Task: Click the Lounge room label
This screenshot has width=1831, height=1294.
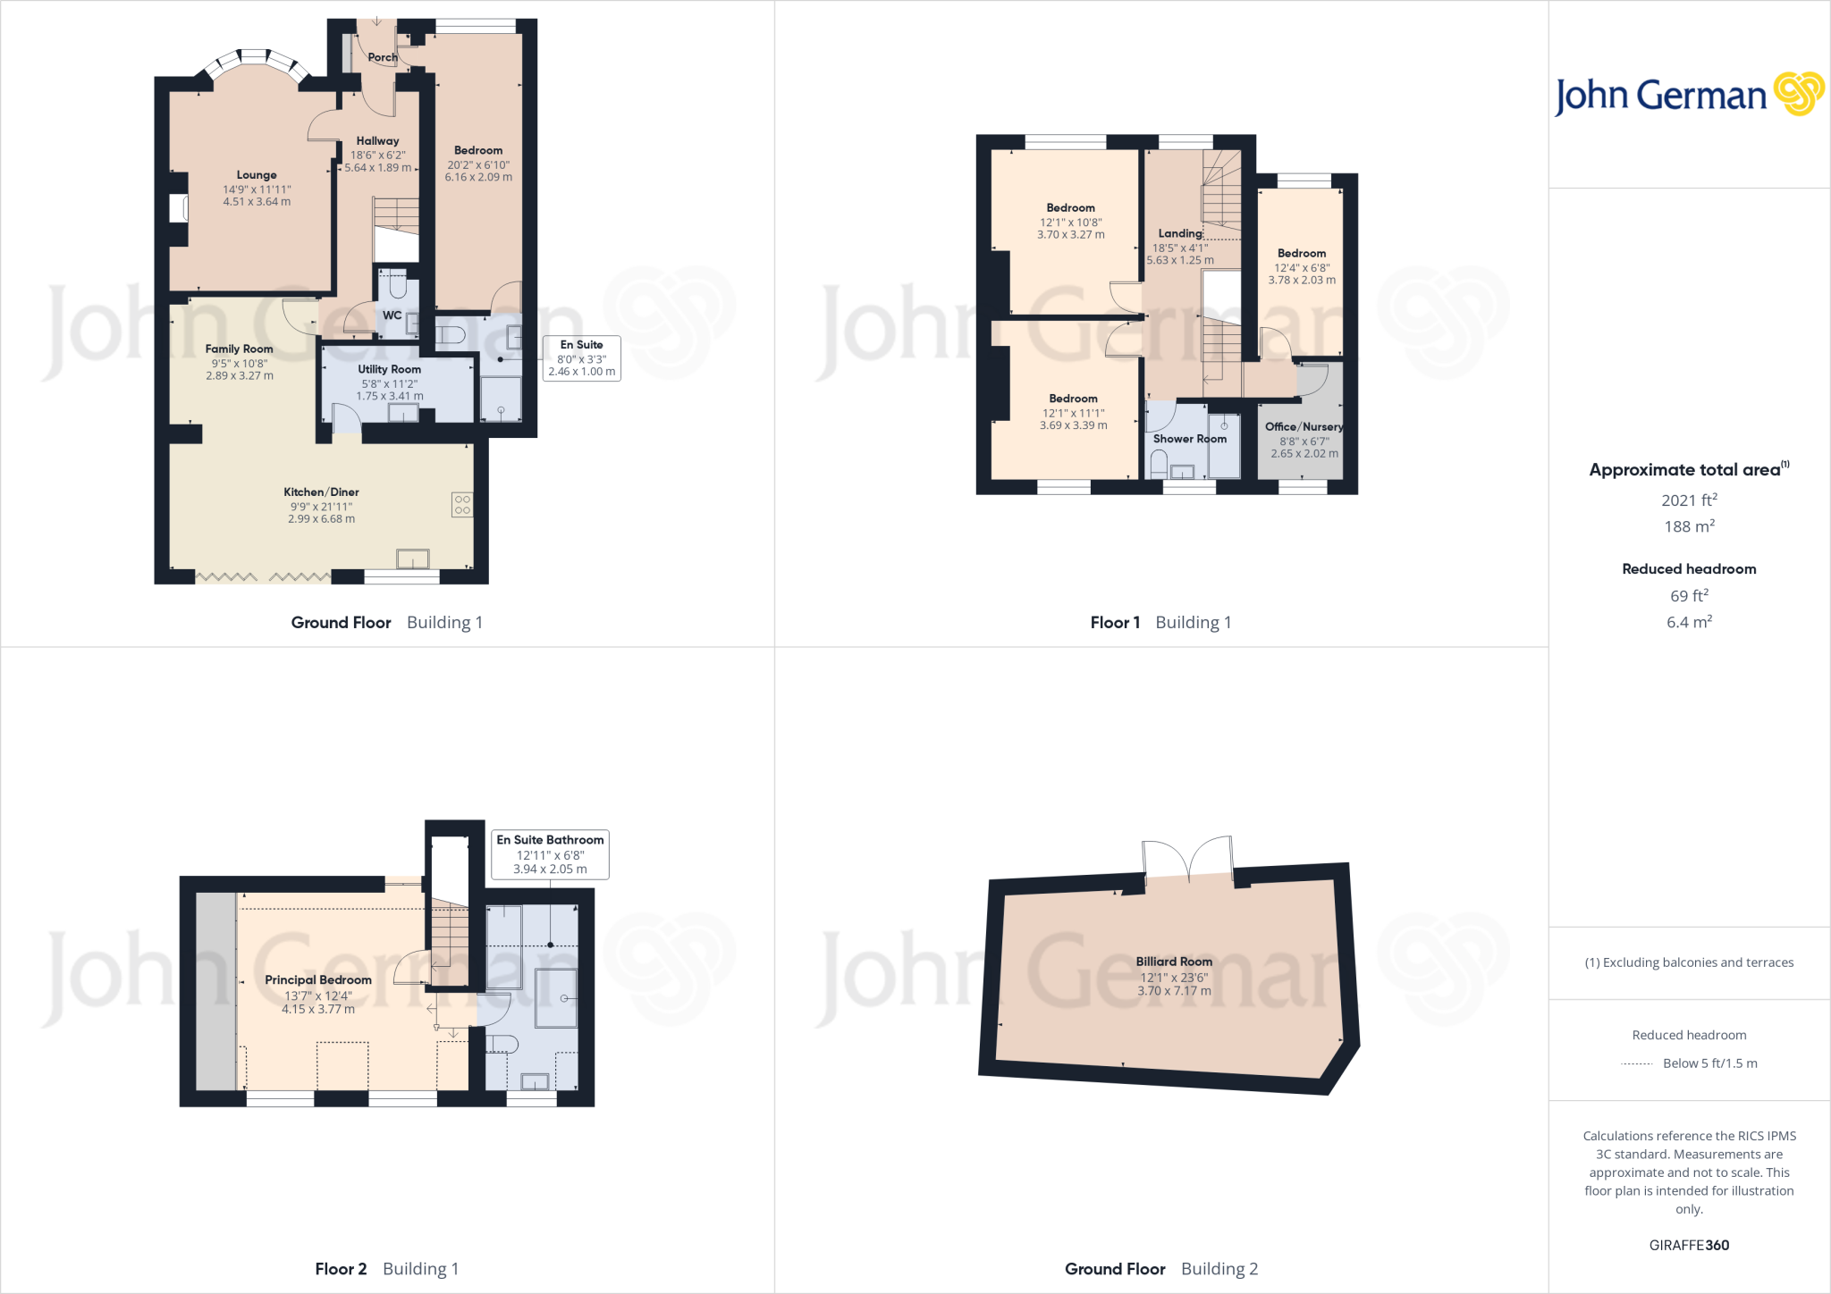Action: (257, 175)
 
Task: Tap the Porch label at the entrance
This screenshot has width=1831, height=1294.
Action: (382, 57)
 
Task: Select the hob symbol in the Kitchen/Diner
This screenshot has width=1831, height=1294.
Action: (462, 505)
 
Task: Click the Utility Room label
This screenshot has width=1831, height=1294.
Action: (389, 369)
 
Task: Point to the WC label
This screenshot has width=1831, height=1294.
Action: (392, 315)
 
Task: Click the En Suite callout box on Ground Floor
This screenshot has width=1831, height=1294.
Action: (581, 357)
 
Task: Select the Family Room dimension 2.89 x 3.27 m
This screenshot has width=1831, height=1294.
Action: (240, 376)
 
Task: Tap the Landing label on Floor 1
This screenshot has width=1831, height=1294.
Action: (1180, 233)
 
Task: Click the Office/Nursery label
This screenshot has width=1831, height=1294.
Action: (1304, 427)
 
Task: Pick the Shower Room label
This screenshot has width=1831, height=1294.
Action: (1189, 439)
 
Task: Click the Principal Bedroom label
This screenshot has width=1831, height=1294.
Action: (318, 980)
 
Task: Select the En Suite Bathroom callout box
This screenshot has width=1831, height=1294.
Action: (550, 854)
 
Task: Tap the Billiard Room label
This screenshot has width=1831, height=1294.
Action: (1174, 962)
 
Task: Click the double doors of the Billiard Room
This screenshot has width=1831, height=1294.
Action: (1188, 861)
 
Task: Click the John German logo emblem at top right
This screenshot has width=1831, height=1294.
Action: (1799, 94)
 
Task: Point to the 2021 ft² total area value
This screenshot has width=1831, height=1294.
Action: (1689, 500)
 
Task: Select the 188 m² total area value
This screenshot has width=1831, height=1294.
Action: (1689, 527)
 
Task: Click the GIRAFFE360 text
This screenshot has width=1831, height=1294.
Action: (1689, 1245)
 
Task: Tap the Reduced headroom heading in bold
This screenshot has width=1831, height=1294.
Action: (1689, 569)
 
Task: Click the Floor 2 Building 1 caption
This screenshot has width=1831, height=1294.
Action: (386, 1269)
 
